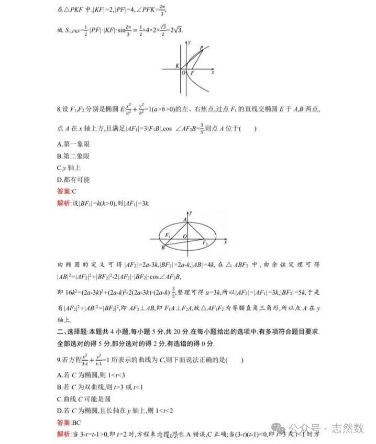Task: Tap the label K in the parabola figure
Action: pyautogui.click(x=178, y=66)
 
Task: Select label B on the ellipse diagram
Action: pyautogui.click(x=163, y=247)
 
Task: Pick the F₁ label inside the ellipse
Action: pyautogui.click(x=168, y=234)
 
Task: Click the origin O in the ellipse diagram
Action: pyautogui.click(x=184, y=237)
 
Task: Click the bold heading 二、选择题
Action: pyautogui.click(x=73, y=332)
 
